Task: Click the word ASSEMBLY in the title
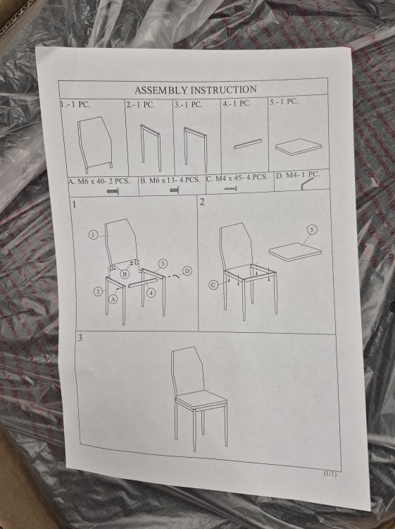pyautogui.click(x=162, y=90)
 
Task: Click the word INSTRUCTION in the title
pyautogui.click(x=224, y=90)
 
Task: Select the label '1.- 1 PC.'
pyautogui.click(x=75, y=104)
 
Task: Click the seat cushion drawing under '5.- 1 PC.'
pyautogui.click(x=298, y=147)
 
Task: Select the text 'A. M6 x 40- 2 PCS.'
pyautogui.click(x=99, y=181)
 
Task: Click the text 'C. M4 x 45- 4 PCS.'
pyautogui.click(x=237, y=178)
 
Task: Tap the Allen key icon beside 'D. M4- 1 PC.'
pyautogui.click(x=307, y=183)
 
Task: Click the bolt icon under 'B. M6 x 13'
pyautogui.click(x=174, y=190)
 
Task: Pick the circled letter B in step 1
pyautogui.click(x=125, y=274)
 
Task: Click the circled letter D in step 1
pyautogui.click(x=187, y=271)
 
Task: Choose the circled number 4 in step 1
pyautogui.click(x=151, y=293)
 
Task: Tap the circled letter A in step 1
pyautogui.click(x=113, y=299)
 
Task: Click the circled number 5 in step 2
pyautogui.click(x=312, y=230)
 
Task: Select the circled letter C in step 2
pyautogui.click(x=213, y=286)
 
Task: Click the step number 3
pyautogui.click(x=80, y=339)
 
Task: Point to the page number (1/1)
pyautogui.click(x=330, y=474)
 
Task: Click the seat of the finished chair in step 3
pyautogui.click(x=201, y=400)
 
